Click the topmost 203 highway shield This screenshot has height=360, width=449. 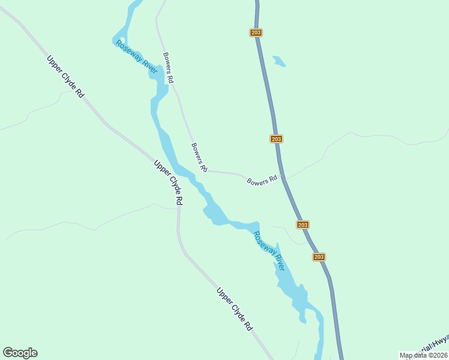coord(256,32)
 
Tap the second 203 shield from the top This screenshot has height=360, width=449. coord(276,139)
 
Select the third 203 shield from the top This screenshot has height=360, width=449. coord(303,224)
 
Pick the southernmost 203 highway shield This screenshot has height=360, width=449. coord(319,257)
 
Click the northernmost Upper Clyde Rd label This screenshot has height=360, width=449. coord(64,77)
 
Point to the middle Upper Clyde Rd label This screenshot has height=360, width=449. coord(168,183)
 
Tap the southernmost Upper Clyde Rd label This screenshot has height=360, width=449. coord(235,310)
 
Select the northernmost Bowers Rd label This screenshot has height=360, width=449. coord(169,67)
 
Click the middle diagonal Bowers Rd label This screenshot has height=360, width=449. coord(199,157)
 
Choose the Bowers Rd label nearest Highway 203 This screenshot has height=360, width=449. coord(262,179)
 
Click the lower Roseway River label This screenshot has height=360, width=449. coord(269,251)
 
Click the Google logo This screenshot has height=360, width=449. coord(20,352)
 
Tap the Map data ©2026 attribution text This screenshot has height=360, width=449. coord(423,355)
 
